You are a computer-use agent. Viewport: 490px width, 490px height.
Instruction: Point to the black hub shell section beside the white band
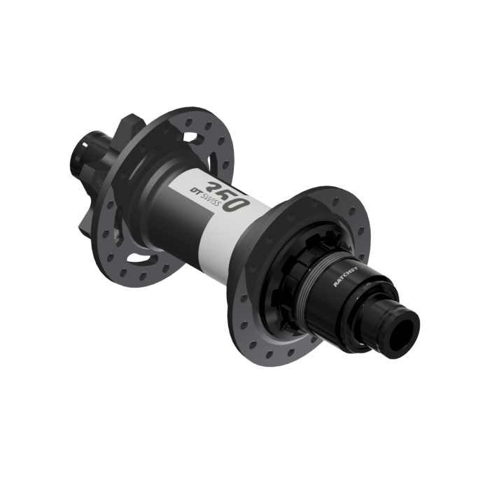(x=157, y=203)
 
